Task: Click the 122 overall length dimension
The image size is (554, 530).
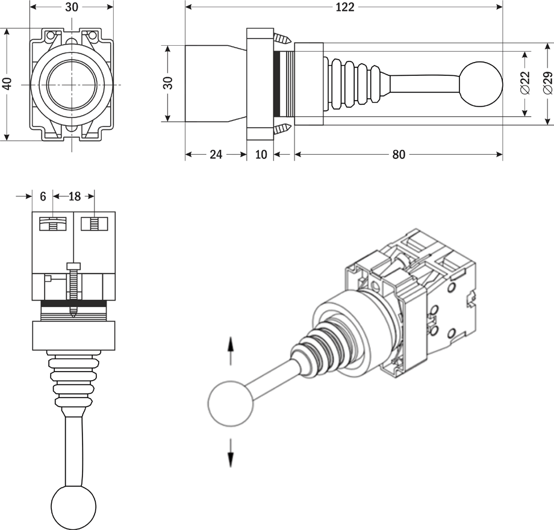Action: pyautogui.click(x=346, y=7)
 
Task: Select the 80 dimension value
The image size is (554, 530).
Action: pyautogui.click(x=399, y=154)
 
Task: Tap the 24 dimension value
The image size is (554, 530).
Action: pyautogui.click(x=216, y=154)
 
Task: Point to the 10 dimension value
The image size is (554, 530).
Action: pyautogui.click(x=261, y=154)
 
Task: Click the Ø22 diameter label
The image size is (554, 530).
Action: pyautogui.click(x=524, y=83)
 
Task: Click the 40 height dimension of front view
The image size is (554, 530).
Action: pyautogui.click(x=7, y=83)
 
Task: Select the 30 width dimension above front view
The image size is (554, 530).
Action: pyautogui.click(x=72, y=7)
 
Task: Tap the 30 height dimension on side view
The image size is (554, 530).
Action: pyautogui.click(x=168, y=83)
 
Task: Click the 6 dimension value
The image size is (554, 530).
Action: pyautogui.click(x=43, y=196)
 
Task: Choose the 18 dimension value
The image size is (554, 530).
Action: pyautogui.click(x=74, y=196)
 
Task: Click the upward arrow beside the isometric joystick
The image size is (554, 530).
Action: pyautogui.click(x=231, y=351)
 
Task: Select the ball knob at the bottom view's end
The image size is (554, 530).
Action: pyautogui.click(x=74, y=507)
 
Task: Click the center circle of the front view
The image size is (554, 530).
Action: pyautogui.click(x=72, y=84)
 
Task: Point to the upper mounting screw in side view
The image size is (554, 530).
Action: pyautogui.click(x=281, y=39)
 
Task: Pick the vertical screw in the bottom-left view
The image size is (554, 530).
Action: pyautogui.click(x=73, y=289)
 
